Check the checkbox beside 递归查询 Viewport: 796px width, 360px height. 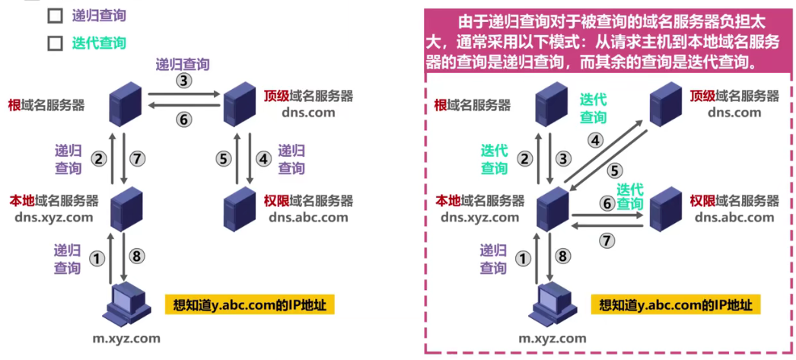[55, 15]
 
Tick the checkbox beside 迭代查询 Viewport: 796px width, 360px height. [55, 43]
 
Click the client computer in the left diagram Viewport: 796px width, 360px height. [123, 302]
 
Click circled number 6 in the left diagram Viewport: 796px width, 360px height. [183, 119]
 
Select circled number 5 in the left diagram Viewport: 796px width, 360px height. [223, 159]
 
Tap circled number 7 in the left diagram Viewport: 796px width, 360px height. [136, 159]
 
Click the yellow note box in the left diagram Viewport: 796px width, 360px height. [250, 305]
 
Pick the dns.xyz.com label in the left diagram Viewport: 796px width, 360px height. [53, 217]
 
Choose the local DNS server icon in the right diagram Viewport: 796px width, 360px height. [552, 206]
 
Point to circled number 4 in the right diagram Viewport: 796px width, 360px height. [596, 140]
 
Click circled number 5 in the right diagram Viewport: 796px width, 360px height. [615, 171]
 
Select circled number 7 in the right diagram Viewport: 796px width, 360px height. [607, 241]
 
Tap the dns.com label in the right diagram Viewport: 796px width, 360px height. [734, 113]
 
